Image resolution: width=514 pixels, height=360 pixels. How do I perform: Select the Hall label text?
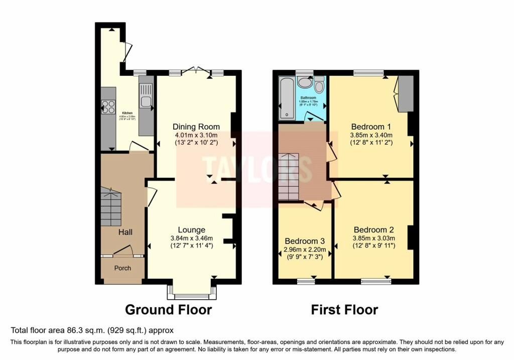[x=125, y=232]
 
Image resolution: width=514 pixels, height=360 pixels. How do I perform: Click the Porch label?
[x=122, y=268]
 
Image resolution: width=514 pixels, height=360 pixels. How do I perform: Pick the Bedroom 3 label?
[x=305, y=241]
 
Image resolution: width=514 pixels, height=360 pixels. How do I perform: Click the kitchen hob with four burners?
[x=108, y=106]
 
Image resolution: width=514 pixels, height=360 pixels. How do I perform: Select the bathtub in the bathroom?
[x=287, y=98]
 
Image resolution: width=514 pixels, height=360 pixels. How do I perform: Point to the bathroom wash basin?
[x=305, y=82]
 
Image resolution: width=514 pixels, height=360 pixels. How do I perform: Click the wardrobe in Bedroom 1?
[x=406, y=94]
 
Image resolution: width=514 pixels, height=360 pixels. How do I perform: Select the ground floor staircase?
[x=111, y=207]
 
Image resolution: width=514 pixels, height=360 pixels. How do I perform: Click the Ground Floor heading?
[x=168, y=309]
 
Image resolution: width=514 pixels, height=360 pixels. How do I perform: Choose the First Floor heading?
[x=344, y=309]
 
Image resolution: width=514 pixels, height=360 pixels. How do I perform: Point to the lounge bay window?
[x=193, y=291]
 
